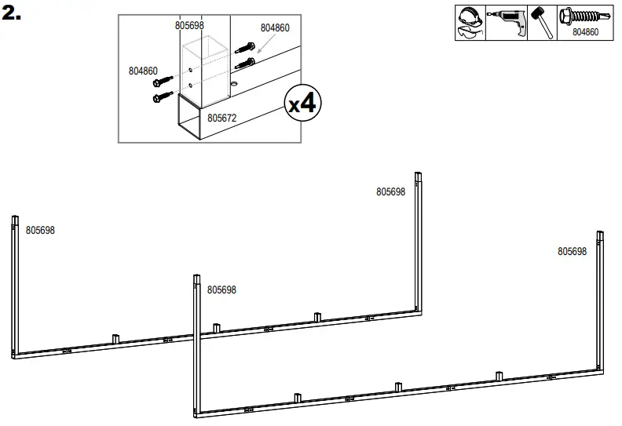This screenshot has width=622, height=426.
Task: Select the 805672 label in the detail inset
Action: click(x=222, y=118)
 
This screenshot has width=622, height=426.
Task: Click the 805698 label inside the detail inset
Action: click(x=189, y=25)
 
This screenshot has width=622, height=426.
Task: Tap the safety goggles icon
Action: click(x=470, y=32)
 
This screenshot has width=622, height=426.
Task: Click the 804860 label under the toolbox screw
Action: click(x=585, y=33)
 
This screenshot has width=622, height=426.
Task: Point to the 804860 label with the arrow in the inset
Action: click(x=275, y=27)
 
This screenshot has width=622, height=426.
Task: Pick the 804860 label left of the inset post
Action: click(x=143, y=71)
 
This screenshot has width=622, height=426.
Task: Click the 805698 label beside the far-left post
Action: click(x=40, y=231)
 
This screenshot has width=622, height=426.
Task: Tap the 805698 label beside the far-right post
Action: click(x=572, y=252)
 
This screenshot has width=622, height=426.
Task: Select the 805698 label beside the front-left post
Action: click(x=221, y=290)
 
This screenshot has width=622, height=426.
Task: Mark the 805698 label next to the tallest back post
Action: click(x=390, y=191)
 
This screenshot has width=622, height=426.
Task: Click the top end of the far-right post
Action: click(x=600, y=235)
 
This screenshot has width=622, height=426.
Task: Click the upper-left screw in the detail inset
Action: click(x=165, y=81)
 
